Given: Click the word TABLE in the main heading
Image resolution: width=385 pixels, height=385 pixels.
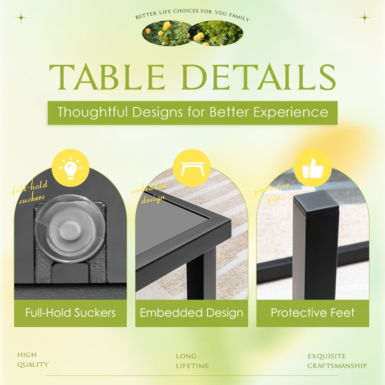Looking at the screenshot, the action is pyautogui.click(x=107, y=77).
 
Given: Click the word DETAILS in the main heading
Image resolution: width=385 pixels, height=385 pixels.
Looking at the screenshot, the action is pyautogui.click(x=258, y=77).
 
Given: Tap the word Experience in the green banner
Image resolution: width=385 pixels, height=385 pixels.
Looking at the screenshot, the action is pyautogui.click(x=291, y=113).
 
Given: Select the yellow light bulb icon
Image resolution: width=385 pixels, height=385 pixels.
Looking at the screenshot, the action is pyautogui.click(x=70, y=167).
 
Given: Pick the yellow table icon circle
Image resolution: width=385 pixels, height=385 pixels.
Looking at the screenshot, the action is pyautogui.click(x=192, y=167).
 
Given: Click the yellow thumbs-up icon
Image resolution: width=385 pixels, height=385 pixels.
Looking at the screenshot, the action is pyautogui.click(x=313, y=167).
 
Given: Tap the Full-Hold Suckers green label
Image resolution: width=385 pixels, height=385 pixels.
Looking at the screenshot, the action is pyautogui.click(x=70, y=313).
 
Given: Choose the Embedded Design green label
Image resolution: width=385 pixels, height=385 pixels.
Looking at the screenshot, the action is pyautogui.click(x=192, y=313).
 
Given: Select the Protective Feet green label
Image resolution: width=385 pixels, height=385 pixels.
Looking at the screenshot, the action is pyautogui.click(x=312, y=313).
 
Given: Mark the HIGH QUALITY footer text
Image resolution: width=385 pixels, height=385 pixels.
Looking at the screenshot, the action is pyautogui.click(x=33, y=359).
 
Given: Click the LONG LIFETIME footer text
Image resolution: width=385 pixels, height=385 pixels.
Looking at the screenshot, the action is pyautogui.click(x=192, y=361).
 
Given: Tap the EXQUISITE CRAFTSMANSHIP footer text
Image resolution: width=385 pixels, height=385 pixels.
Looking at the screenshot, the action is pyautogui.click(x=337, y=361).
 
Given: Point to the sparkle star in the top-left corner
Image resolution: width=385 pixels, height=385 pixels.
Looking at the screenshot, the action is pyautogui.click(x=21, y=18).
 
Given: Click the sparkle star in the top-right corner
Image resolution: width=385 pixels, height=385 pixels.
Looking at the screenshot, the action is pyautogui.click(x=365, y=18).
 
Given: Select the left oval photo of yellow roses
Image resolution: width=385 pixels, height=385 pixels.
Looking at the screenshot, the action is pyautogui.click(x=167, y=33).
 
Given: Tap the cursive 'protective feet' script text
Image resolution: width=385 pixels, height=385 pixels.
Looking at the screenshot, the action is pyautogui.click(x=272, y=193).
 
